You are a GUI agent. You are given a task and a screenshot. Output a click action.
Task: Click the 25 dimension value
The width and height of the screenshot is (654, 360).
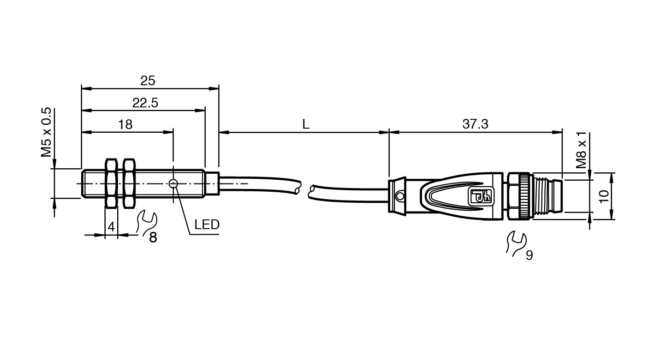(x=148, y=81)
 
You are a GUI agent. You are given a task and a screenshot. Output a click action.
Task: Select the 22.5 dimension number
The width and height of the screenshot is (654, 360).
(x=145, y=103)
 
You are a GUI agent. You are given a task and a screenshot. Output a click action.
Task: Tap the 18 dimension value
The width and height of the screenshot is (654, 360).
(x=125, y=124)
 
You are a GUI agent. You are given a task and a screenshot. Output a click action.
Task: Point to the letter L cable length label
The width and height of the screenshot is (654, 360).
(x=305, y=124)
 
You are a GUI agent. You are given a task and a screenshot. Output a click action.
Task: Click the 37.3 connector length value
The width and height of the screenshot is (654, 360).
(x=475, y=124)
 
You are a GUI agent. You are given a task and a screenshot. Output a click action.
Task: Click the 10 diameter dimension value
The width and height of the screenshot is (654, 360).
(x=604, y=196)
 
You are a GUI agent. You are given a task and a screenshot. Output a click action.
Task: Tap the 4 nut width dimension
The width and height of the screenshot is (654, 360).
(x=111, y=227)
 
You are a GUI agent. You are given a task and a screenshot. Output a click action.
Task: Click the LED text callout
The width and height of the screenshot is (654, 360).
(x=207, y=225)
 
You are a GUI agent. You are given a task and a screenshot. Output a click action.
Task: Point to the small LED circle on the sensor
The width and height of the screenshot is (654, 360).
(x=173, y=184)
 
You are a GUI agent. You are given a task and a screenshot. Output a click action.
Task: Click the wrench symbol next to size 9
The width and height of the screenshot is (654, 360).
(x=515, y=242)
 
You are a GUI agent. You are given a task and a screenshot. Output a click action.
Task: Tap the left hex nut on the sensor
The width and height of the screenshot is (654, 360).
(x=111, y=183)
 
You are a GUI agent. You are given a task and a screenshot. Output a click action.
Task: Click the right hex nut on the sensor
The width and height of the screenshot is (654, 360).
(x=129, y=183)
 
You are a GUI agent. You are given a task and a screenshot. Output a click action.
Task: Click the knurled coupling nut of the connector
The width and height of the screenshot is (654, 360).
(x=520, y=195)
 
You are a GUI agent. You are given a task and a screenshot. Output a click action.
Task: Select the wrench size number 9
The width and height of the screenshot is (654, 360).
(x=529, y=255)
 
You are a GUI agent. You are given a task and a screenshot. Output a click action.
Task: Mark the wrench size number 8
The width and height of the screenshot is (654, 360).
(x=153, y=238)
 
